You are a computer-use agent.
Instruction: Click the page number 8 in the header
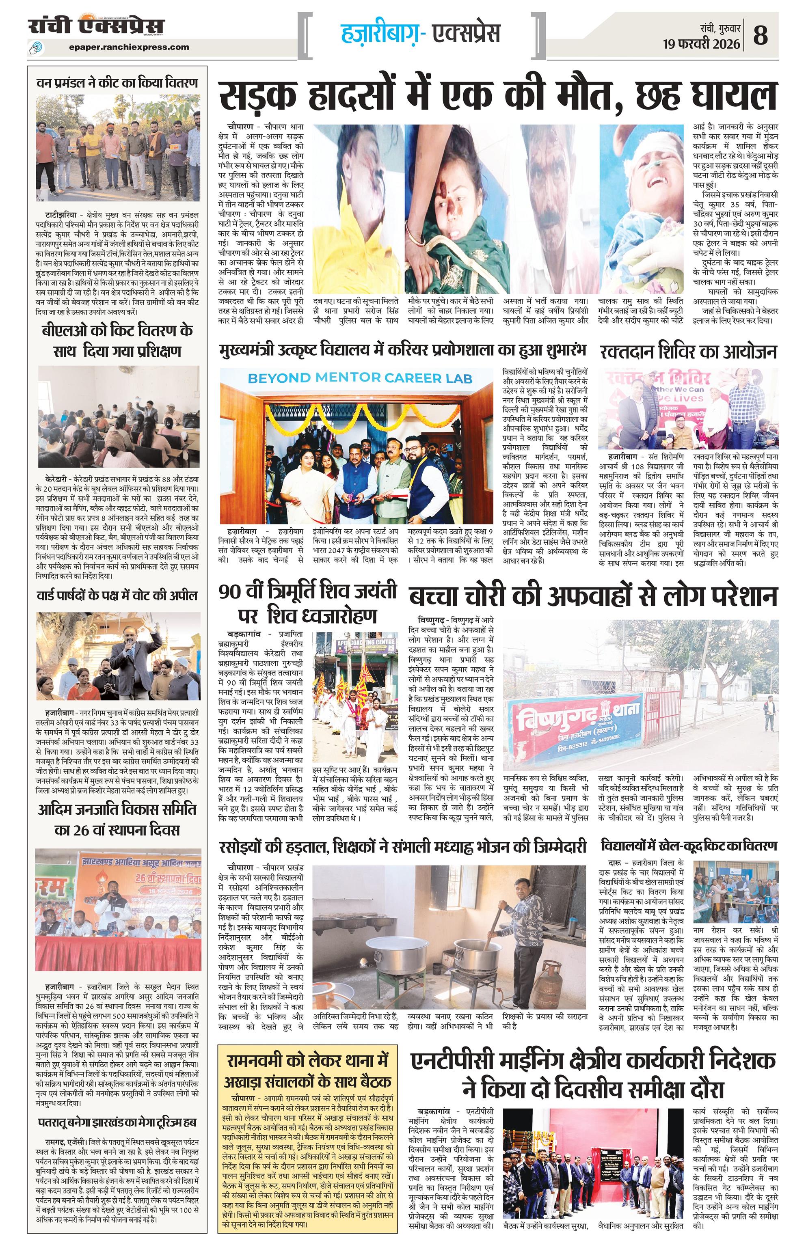[x=761, y=36]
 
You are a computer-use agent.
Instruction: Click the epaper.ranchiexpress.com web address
[x=129, y=47]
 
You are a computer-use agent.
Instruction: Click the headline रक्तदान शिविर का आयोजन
[x=688, y=352]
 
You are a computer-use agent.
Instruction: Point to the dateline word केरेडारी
[x=56, y=479]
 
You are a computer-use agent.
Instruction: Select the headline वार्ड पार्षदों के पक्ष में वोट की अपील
[x=117, y=596]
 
